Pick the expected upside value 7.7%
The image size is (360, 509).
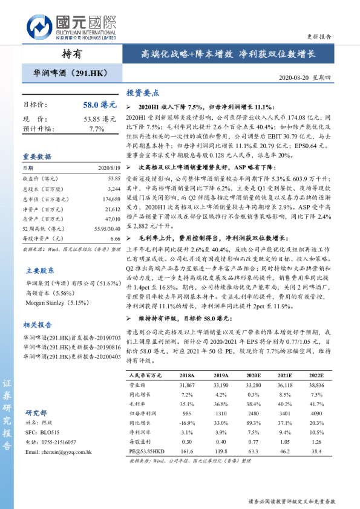tap(97, 129)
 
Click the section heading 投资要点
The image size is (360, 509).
tap(142, 93)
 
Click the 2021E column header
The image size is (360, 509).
tap(284, 375)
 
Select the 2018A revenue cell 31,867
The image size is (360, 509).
tap(188, 384)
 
